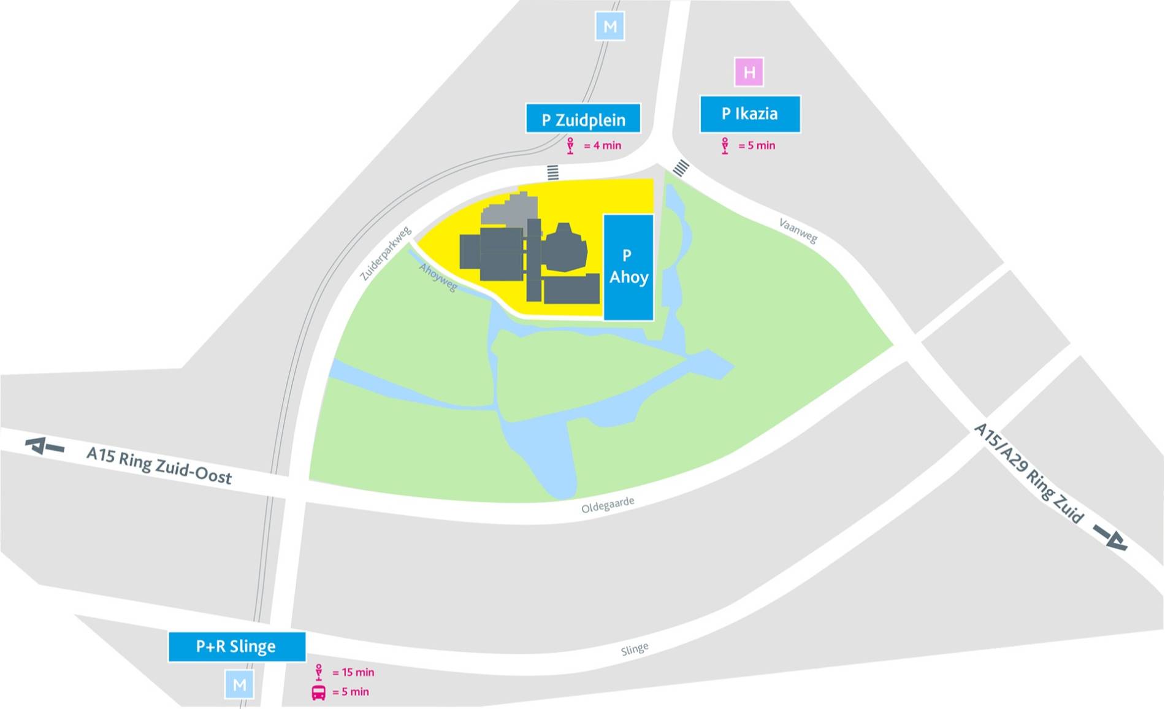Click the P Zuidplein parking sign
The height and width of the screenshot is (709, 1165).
click(583, 118)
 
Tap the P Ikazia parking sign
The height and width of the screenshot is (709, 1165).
click(750, 114)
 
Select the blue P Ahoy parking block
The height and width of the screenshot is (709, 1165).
click(628, 267)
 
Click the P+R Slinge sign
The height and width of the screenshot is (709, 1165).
click(237, 646)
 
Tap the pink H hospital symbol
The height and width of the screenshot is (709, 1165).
click(749, 72)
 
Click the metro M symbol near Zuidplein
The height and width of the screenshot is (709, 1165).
click(610, 27)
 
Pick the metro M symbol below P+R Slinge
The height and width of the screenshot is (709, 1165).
click(239, 684)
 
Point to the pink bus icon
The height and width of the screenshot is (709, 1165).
click(319, 692)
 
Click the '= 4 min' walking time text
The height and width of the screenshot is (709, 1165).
click(602, 146)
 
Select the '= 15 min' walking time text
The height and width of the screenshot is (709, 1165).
click(353, 673)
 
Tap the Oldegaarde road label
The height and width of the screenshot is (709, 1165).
click(608, 505)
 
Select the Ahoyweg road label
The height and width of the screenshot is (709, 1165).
click(438, 277)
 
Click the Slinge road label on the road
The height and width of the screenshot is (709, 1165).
click(635, 649)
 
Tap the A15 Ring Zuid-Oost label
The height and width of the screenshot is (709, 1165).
click(159, 465)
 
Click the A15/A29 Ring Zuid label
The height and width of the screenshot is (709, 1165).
click(1028, 472)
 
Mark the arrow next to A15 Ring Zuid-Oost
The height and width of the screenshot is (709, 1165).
click(44, 446)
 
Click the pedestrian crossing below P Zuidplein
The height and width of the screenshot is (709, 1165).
click(553, 172)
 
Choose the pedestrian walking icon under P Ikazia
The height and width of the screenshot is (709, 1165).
click(725, 146)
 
